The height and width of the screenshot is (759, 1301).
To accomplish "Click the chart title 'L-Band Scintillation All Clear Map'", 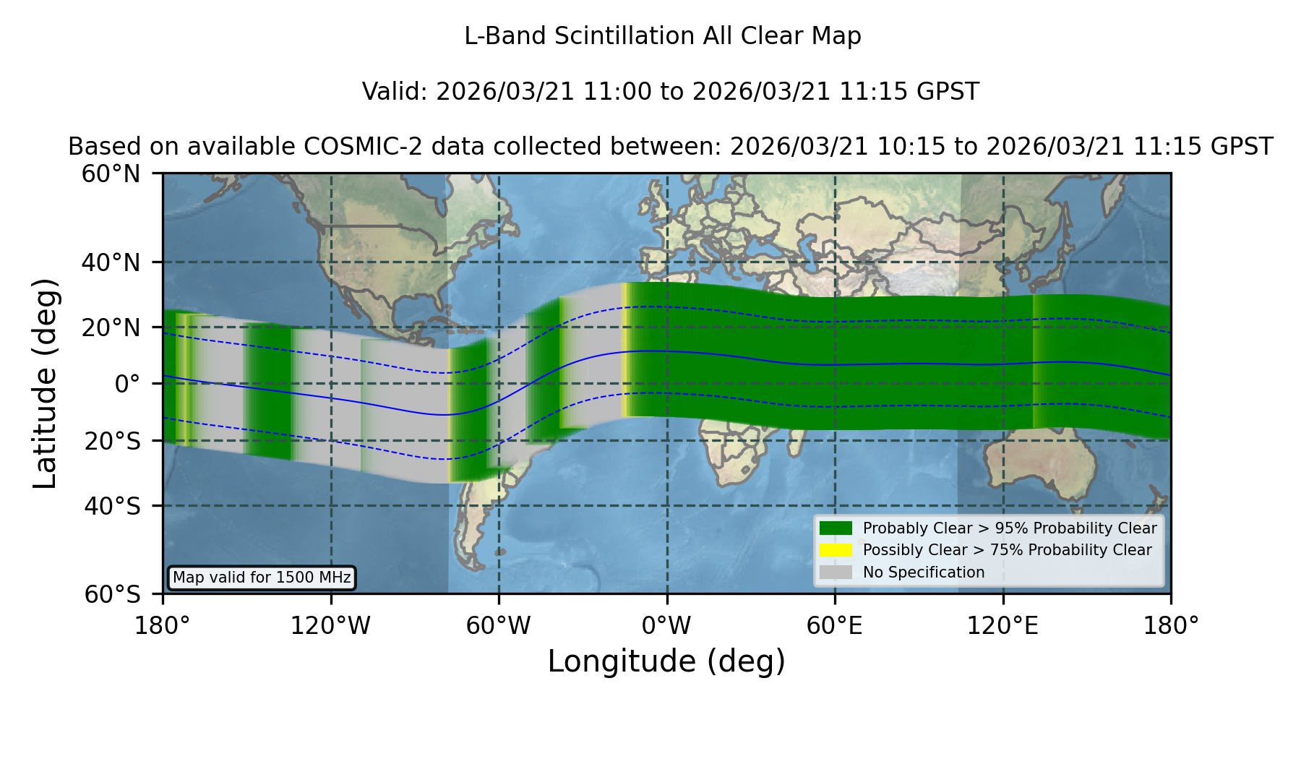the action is click(662, 36).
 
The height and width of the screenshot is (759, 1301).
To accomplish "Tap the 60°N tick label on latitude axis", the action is click(111, 173).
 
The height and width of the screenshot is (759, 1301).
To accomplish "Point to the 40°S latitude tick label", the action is click(112, 506).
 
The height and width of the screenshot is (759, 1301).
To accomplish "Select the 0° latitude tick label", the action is click(127, 384).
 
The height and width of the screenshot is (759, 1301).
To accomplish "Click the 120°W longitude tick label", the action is click(330, 626).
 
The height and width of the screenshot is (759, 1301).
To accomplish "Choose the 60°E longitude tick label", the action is click(835, 626).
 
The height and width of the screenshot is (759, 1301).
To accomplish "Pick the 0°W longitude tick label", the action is click(667, 626).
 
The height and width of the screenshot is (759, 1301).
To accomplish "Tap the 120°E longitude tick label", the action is click(1002, 626).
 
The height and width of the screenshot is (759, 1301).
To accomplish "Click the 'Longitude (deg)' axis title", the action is click(666, 661).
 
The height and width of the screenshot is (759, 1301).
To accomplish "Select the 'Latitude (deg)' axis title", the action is click(45, 383).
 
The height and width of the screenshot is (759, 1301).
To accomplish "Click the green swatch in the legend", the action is click(836, 528).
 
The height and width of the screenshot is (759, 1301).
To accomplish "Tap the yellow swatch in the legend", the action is click(836, 550).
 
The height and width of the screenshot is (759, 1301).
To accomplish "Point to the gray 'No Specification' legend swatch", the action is click(836, 573).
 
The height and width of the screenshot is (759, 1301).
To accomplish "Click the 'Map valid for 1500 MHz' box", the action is click(262, 578).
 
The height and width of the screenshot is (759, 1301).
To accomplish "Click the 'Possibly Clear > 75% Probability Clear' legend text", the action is click(1008, 550).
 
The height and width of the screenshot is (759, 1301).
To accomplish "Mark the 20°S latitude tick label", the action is click(112, 441).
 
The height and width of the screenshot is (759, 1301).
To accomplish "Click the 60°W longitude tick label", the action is click(499, 626).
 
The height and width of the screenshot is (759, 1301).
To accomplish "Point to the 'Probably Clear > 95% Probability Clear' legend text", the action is click(1010, 528).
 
